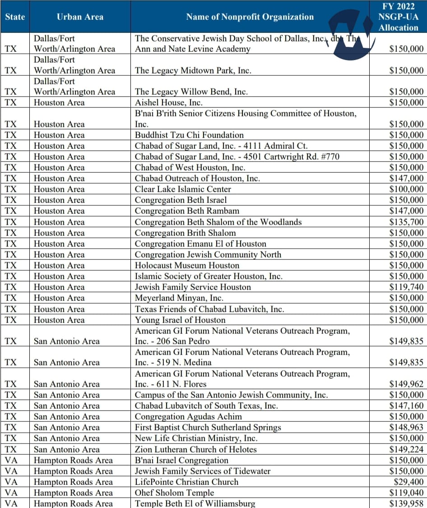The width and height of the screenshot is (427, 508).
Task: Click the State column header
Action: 15,17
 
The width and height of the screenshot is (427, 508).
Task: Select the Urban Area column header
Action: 80,17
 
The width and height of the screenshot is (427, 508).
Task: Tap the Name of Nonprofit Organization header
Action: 250,17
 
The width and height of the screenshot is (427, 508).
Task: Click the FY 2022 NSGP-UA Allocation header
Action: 398,17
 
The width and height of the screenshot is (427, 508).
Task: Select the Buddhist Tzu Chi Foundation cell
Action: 189,135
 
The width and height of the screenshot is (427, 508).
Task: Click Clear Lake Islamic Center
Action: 183,189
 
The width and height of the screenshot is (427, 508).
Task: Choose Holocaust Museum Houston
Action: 187,265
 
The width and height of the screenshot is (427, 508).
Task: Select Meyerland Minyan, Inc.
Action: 179,298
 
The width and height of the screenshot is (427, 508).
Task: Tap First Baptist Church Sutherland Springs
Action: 208,427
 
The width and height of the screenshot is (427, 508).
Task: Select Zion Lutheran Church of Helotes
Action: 195,449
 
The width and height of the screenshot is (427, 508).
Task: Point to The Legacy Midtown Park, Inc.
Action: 193,70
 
